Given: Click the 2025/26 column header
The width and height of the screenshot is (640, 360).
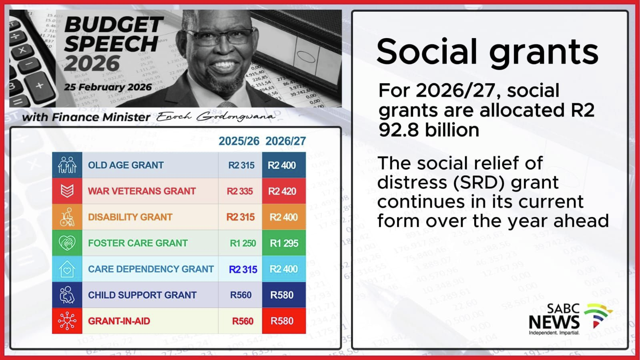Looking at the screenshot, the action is (x=239, y=141).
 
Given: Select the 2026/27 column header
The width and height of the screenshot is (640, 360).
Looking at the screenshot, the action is (x=285, y=141).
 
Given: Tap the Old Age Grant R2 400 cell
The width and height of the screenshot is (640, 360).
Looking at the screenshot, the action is (x=284, y=165).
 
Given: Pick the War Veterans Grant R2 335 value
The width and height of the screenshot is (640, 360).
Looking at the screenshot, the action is (x=240, y=191).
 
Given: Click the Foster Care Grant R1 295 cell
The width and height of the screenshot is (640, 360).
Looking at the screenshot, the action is (x=284, y=243).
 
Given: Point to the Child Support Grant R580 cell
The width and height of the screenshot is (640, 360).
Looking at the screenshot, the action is (x=284, y=295).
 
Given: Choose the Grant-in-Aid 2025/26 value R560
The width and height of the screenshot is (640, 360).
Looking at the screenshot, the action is (x=243, y=321).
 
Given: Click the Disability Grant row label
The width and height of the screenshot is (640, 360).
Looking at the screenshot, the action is (x=130, y=217).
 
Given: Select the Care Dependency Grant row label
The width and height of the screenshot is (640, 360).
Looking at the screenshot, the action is (x=151, y=269).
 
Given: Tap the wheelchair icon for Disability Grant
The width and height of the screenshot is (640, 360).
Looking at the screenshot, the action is (x=67, y=217).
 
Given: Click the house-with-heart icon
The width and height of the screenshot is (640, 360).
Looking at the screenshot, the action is (x=67, y=269).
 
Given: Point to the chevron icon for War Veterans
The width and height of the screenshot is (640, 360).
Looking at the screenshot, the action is (x=67, y=191).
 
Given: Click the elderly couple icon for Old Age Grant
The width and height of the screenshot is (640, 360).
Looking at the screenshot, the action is (x=67, y=165).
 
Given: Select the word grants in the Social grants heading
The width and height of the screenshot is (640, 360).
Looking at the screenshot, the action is (x=544, y=52).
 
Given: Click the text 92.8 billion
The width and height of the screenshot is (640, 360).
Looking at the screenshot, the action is (x=429, y=130).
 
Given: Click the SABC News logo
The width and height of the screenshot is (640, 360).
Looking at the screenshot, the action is (x=570, y=319).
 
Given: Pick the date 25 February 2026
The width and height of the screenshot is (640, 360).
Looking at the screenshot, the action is (x=108, y=87).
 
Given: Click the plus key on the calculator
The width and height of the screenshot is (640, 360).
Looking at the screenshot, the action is (x=40, y=85).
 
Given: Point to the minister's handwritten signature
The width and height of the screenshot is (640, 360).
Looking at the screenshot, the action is (x=216, y=117).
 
